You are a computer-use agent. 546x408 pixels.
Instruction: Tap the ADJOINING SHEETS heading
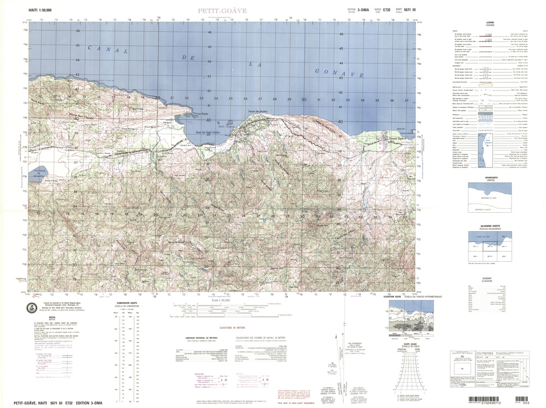click(x=490, y=226)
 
